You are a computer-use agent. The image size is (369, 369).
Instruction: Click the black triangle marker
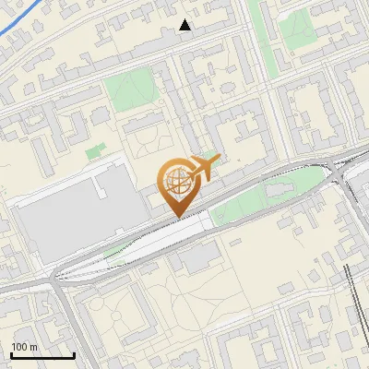[185, 25]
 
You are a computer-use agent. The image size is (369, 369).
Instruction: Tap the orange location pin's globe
[177, 180]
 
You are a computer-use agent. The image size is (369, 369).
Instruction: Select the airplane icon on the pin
[205, 167]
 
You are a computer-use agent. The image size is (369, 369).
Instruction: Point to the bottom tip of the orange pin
[177, 217]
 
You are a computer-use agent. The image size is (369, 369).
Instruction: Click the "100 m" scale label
[25, 347]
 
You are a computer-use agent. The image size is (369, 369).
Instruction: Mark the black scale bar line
[42, 355]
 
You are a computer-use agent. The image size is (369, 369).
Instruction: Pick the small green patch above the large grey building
[95, 150]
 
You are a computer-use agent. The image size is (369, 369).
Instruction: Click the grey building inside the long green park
[278, 190]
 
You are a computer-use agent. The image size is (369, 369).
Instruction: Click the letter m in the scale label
[34, 347]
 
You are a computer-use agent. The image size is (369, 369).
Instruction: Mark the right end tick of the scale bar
[74, 353]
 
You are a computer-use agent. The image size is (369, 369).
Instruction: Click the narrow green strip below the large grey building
[115, 255]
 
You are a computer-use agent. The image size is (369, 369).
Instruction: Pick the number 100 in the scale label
[19, 347]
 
